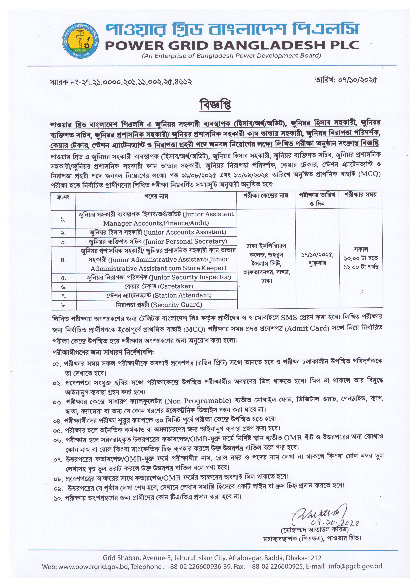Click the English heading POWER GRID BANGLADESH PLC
click(232, 45)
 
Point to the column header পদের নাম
click(156, 196)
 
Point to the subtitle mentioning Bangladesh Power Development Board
click(231, 56)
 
